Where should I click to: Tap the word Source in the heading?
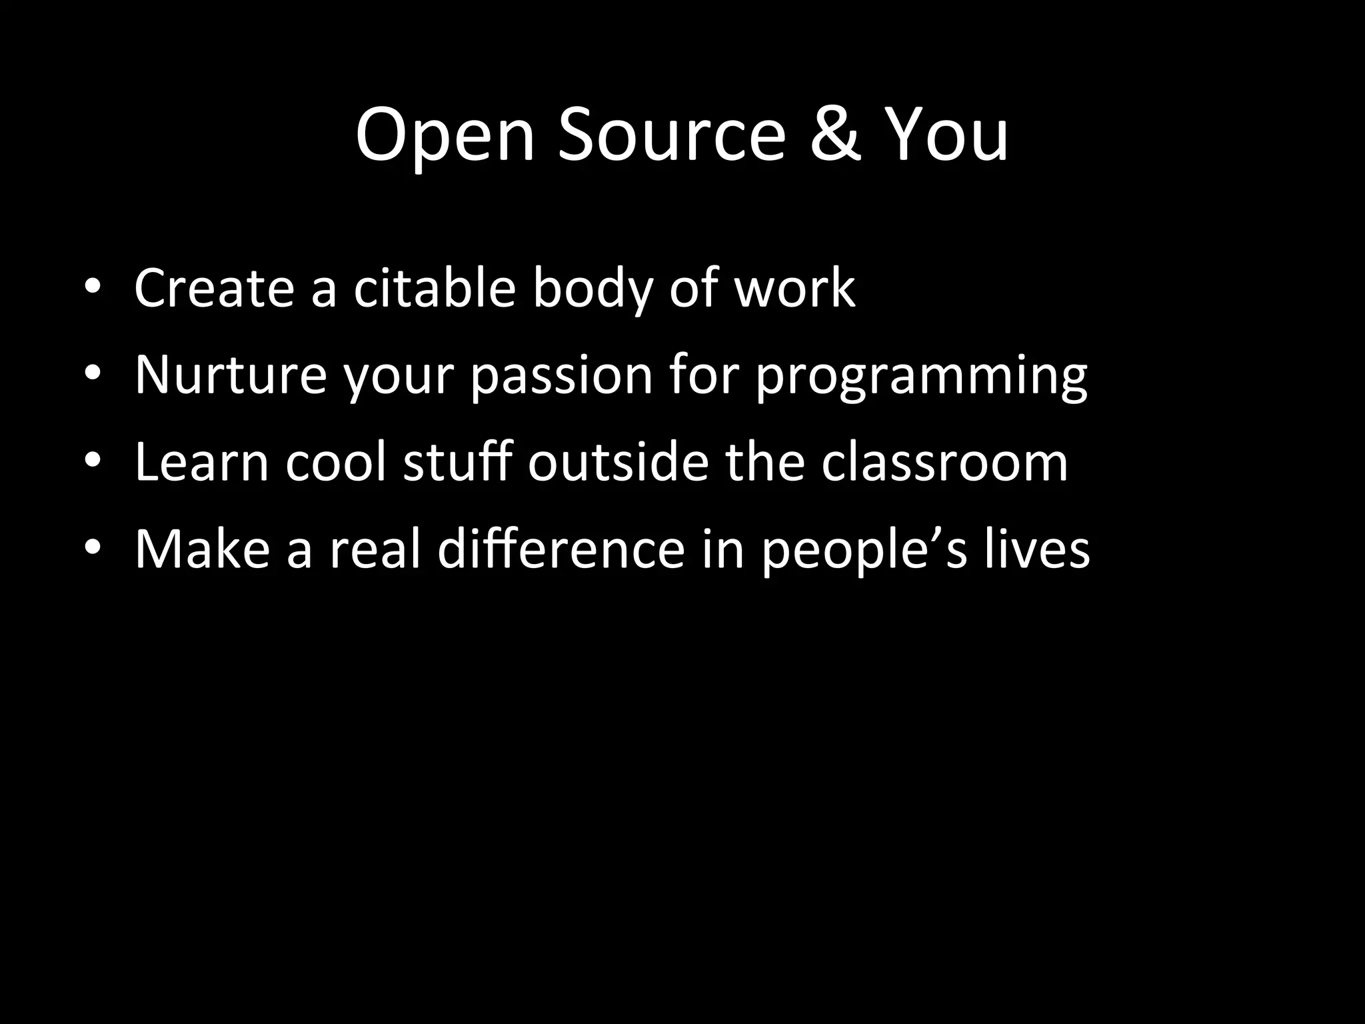coord(672,136)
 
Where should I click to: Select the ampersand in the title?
coord(837,136)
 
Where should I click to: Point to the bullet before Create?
coord(93,288)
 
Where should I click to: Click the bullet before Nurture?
coord(93,375)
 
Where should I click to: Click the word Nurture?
coord(231,375)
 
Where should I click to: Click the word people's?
coord(864,551)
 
